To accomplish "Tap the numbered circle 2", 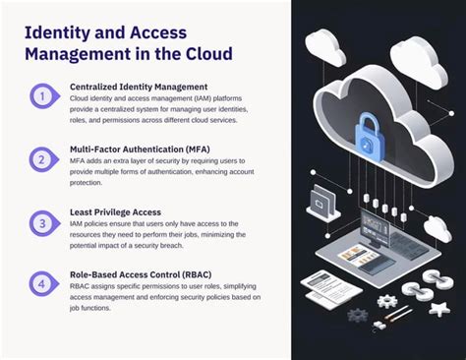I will [41, 158].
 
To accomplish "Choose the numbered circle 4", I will [41, 285].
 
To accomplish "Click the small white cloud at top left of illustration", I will [325, 44].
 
